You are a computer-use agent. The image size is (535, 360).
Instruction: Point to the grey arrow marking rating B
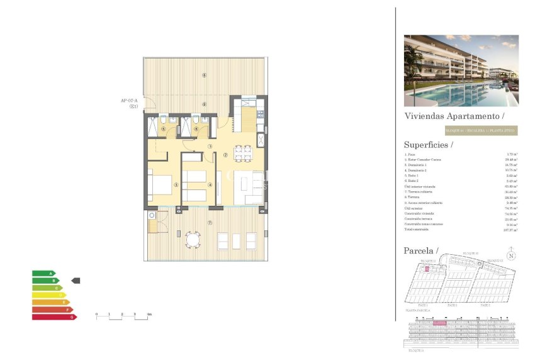point(76,280)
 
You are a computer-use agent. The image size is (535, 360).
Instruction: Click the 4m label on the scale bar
point(149,313)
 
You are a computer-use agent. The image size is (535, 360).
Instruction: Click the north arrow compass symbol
point(512,255)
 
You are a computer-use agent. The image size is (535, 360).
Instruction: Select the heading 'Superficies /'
point(428,145)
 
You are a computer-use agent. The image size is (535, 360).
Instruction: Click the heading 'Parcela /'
point(420,250)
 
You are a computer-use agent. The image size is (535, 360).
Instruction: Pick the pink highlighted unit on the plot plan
point(427,269)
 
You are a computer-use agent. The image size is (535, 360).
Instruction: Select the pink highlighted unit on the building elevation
point(439,323)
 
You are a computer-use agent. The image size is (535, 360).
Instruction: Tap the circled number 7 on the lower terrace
point(210,223)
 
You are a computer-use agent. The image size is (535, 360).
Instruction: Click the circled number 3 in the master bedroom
point(176,184)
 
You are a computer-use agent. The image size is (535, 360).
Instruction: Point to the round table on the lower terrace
point(192,239)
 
